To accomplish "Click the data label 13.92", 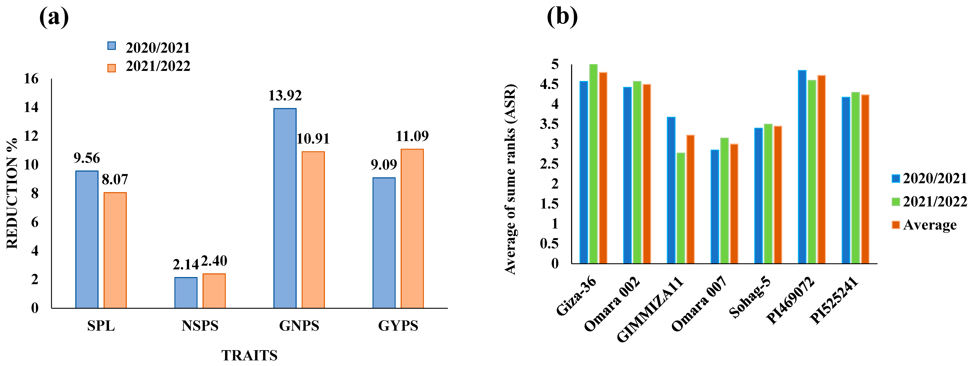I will [285, 96].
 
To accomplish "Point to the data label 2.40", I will [214, 261].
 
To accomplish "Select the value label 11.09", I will [412, 136].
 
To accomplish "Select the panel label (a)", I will [54, 17].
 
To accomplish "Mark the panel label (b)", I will [562, 17].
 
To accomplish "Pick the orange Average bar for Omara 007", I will [734, 203].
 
